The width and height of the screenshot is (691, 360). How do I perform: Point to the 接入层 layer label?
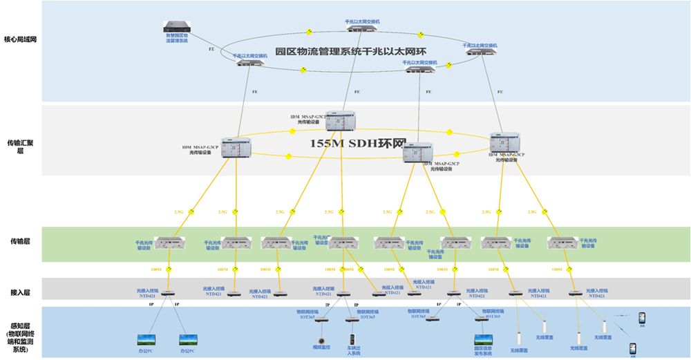(20, 292)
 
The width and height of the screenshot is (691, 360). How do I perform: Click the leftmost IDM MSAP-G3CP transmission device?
(236, 147)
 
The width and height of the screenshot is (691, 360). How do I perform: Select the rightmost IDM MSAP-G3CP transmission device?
(504, 142)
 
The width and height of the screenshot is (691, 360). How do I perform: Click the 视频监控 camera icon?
(321, 340)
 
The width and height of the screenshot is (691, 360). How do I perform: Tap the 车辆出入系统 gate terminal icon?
(352, 340)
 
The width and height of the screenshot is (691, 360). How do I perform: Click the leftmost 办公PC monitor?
(146, 340)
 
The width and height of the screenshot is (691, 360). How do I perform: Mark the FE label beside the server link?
(211, 50)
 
